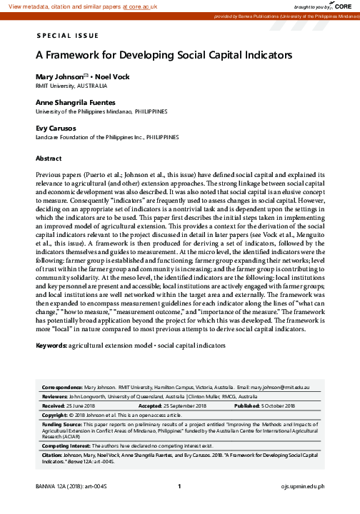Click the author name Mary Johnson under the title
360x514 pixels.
(x=59, y=76)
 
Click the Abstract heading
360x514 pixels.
(x=49, y=158)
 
